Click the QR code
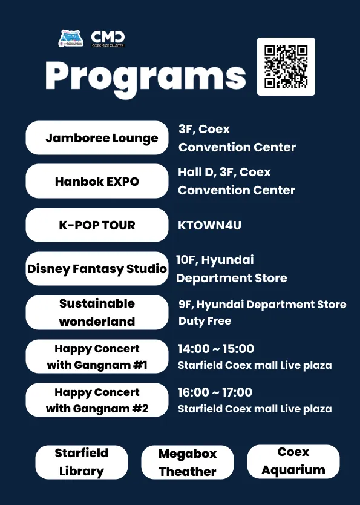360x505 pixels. pyautogui.click(x=286, y=67)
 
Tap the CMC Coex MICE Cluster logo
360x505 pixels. pyautogui.click(x=108, y=39)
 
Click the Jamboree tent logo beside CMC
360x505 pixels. pyautogui.click(x=71, y=38)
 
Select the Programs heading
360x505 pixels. pyautogui.click(x=145, y=78)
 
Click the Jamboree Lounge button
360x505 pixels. pyautogui.click(x=97, y=138)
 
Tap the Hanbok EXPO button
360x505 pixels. pyautogui.click(x=97, y=181)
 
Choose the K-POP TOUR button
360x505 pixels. pyautogui.click(x=97, y=225)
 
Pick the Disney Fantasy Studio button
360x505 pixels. pyautogui.click(x=97, y=269)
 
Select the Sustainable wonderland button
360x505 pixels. pyautogui.click(x=97, y=312)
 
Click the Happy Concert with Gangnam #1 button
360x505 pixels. pyautogui.click(x=97, y=356)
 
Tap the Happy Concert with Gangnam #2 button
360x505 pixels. pyautogui.click(x=97, y=400)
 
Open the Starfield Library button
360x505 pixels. pyautogui.click(x=82, y=462)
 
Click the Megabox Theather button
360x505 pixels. pyautogui.click(x=187, y=462)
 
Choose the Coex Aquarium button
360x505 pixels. pyautogui.click(x=293, y=461)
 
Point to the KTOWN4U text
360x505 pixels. pyautogui.click(x=209, y=225)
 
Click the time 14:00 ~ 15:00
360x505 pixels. pyautogui.click(x=216, y=349)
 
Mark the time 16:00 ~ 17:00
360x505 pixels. pyautogui.click(x=215, y=392)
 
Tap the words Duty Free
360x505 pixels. pyautogui.click(x=205, y=321)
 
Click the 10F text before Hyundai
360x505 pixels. pyautogui.click(x=186, y=260)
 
